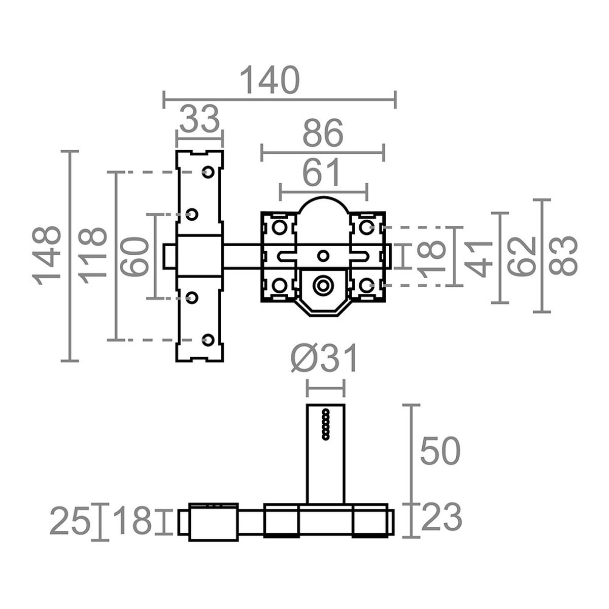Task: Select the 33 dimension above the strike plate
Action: pyautogui.click(x=199, y=120)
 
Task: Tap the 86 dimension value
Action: pyautogui.click(x=323, y=134)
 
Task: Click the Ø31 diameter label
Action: pyautogui.click(x=325, y=359)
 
